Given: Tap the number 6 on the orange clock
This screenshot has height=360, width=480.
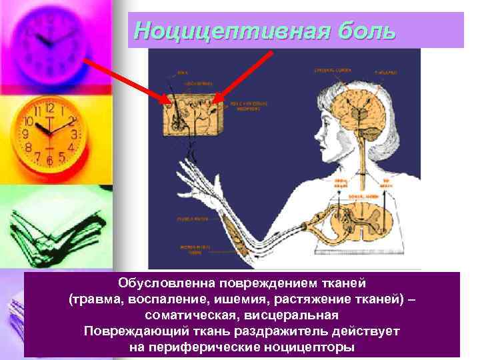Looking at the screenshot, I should point(49,161).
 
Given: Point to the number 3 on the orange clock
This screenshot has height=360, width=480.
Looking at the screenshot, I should point(75,134).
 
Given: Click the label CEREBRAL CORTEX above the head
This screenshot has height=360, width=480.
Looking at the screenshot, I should point(330,69).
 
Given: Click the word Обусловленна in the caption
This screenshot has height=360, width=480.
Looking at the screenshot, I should point(157,284).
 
